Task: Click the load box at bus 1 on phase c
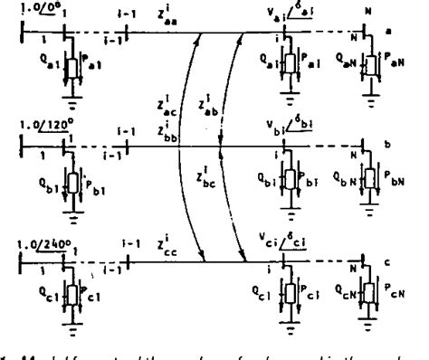[x=65, y=293]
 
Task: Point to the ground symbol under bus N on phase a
[x=363, y=89]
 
